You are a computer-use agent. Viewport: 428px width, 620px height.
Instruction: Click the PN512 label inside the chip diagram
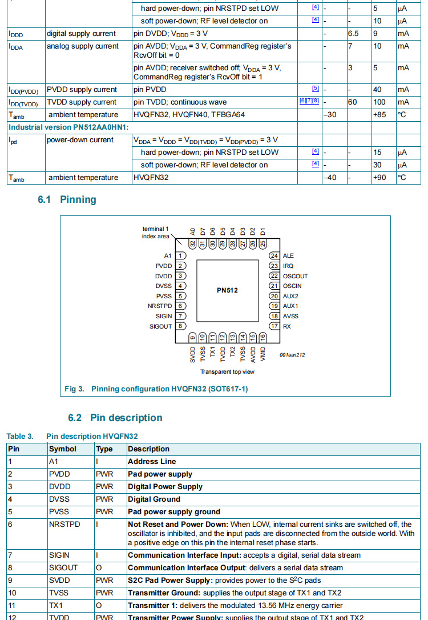227,290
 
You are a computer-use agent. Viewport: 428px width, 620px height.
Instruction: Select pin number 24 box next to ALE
274,255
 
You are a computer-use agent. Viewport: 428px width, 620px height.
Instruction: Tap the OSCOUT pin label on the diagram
295,276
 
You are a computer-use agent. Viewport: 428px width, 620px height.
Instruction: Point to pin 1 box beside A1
180,255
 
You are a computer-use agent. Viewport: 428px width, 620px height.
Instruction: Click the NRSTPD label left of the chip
159,306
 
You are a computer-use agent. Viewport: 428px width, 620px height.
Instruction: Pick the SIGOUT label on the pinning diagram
160,326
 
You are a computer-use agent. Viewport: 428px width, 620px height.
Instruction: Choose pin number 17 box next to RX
274,326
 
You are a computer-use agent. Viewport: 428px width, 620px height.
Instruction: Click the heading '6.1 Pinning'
67,199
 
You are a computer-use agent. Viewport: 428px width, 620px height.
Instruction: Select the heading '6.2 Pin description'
115,418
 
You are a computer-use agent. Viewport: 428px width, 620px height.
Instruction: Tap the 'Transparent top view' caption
227,371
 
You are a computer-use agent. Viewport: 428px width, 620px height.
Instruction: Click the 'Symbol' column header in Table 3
62,449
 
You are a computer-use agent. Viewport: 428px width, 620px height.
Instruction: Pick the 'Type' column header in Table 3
104,449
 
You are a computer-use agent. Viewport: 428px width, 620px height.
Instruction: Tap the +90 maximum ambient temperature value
379,178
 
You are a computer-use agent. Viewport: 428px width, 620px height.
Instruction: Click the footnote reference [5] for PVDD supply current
315,89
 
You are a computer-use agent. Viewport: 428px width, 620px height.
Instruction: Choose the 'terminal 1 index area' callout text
155,232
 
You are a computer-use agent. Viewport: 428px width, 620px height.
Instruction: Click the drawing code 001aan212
292,355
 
